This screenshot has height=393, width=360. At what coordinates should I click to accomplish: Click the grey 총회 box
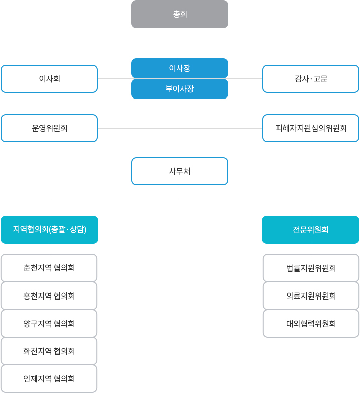point(180,14)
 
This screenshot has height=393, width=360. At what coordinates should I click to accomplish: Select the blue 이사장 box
point(180,68)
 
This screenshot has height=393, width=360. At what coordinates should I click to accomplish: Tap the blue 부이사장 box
point(180,89)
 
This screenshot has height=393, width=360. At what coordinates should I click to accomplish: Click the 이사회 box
point(49,79)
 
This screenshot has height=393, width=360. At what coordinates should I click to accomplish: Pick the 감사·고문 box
point(311,79)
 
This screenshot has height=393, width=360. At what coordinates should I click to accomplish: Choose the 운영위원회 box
point(49,128)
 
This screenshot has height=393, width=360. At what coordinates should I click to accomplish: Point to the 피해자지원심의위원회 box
point(311,128)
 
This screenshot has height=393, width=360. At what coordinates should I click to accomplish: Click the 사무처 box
point(180,171)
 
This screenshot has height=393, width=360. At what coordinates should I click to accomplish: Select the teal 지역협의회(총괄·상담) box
point(49,230)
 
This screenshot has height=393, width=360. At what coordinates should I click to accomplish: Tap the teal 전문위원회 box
point(311,230)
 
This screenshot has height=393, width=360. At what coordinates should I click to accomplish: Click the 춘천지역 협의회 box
point(49,268)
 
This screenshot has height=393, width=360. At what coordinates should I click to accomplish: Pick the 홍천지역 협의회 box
point(49,296)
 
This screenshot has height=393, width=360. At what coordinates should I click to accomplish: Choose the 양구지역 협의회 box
point(49,323)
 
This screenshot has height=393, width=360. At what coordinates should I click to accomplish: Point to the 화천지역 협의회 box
point(49,351)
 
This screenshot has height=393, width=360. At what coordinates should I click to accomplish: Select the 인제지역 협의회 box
point(49,378)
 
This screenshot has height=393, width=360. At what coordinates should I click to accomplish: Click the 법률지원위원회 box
point(311,268)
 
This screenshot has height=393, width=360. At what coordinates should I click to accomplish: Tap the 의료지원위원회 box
point(311,296)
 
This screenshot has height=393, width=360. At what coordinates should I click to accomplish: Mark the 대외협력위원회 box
point(311,323)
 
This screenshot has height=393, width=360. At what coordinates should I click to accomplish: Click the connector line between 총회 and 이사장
point(180,43)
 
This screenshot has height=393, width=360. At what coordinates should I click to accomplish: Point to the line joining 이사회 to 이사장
point(114,78)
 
